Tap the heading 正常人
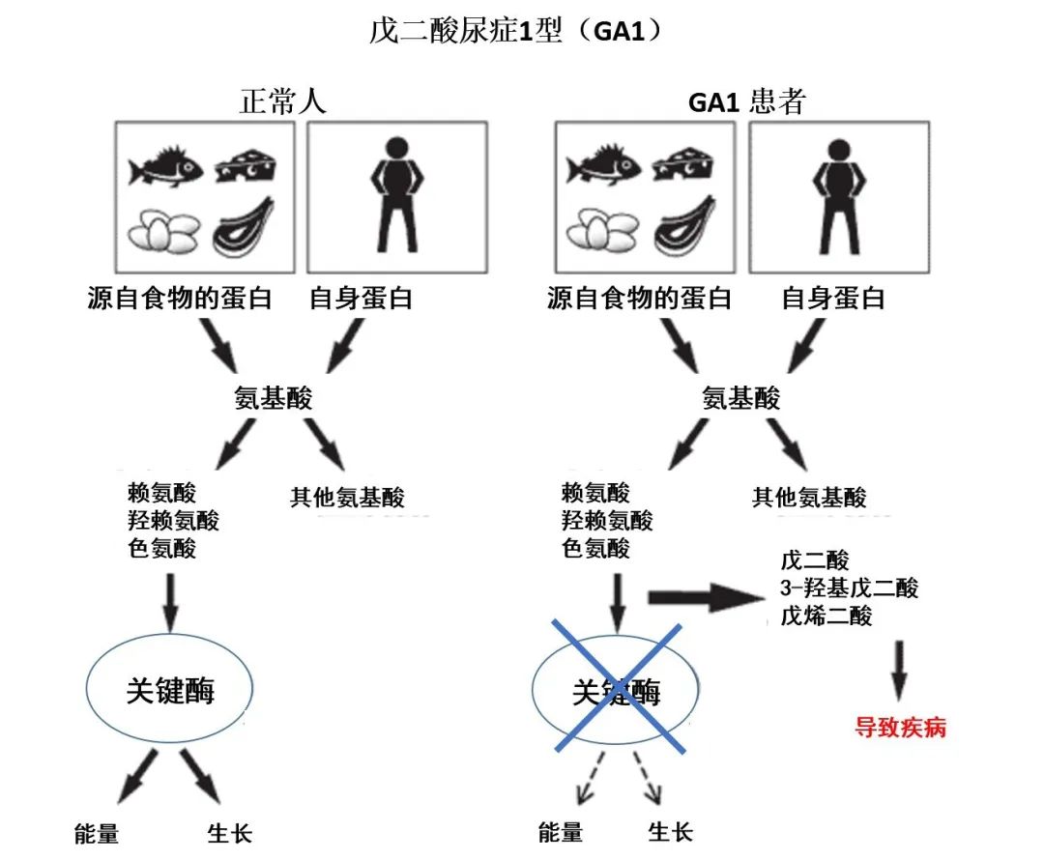282,102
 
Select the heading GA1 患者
746,102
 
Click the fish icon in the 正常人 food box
165,166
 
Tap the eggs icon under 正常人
164,231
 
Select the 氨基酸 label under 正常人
274,399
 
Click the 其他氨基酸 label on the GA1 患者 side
809,498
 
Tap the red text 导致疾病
900,728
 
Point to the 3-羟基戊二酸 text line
848,588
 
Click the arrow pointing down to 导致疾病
899,669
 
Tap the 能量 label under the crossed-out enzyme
561,832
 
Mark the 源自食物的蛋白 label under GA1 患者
639,299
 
